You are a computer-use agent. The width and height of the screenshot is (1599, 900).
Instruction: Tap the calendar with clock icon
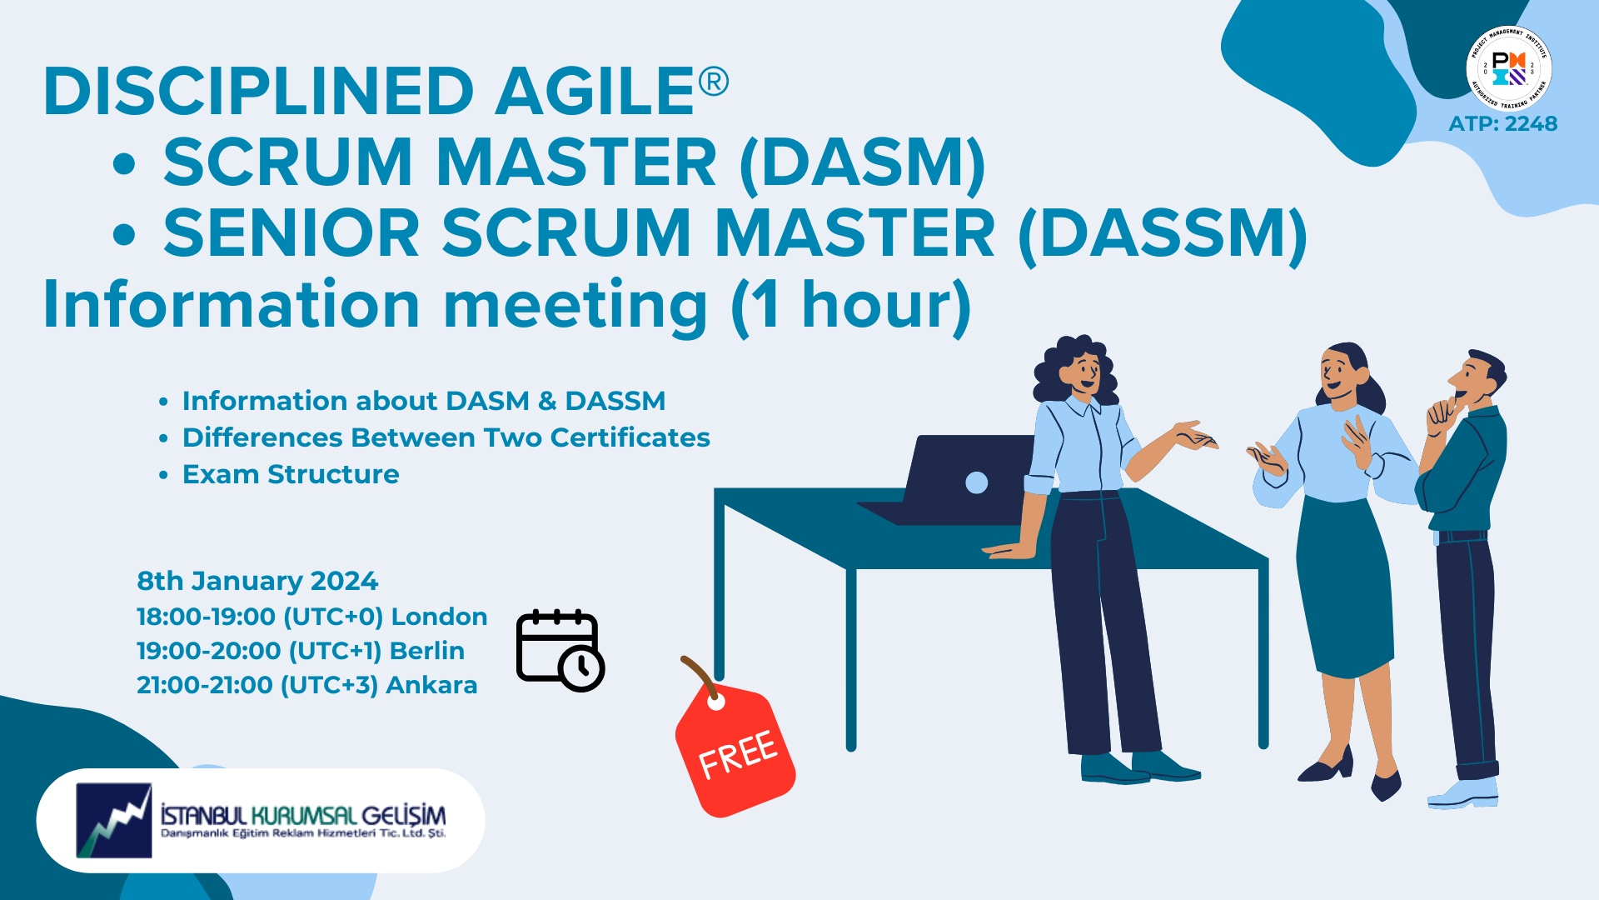click(x=560, y=651)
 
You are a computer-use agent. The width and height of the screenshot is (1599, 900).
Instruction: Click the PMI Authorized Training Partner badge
click(x=1508, y=68)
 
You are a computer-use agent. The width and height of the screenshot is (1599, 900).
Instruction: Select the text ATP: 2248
click(x=1502, y=124)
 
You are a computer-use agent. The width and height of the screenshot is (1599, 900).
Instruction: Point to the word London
click(x=439, y=617)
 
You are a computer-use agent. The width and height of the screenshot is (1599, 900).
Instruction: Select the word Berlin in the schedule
click(x=426, y=651)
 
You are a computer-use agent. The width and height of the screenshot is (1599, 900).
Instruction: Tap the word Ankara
click(x=431, y=685)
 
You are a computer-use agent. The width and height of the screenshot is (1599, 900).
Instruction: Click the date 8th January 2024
click(x=257, y=581)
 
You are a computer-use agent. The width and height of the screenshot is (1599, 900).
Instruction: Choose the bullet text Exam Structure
click(x=291, y=474)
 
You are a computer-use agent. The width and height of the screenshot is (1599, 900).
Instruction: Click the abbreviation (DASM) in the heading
click(x=862, y=162)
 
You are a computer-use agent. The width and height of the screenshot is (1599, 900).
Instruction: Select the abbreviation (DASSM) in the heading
click(x=1163, y=234)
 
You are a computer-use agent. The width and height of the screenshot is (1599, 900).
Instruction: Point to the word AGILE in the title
click(x=595, y=91)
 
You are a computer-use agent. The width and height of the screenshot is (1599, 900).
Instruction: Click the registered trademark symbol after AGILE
click(x=713, y=82)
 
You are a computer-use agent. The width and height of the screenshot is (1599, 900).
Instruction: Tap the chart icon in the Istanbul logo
click(x=114, y=820)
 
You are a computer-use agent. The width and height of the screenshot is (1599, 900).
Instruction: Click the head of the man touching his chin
click(x=1477, y=380)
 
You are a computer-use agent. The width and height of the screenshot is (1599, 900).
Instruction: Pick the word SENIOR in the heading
click(x=291, y=233)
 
